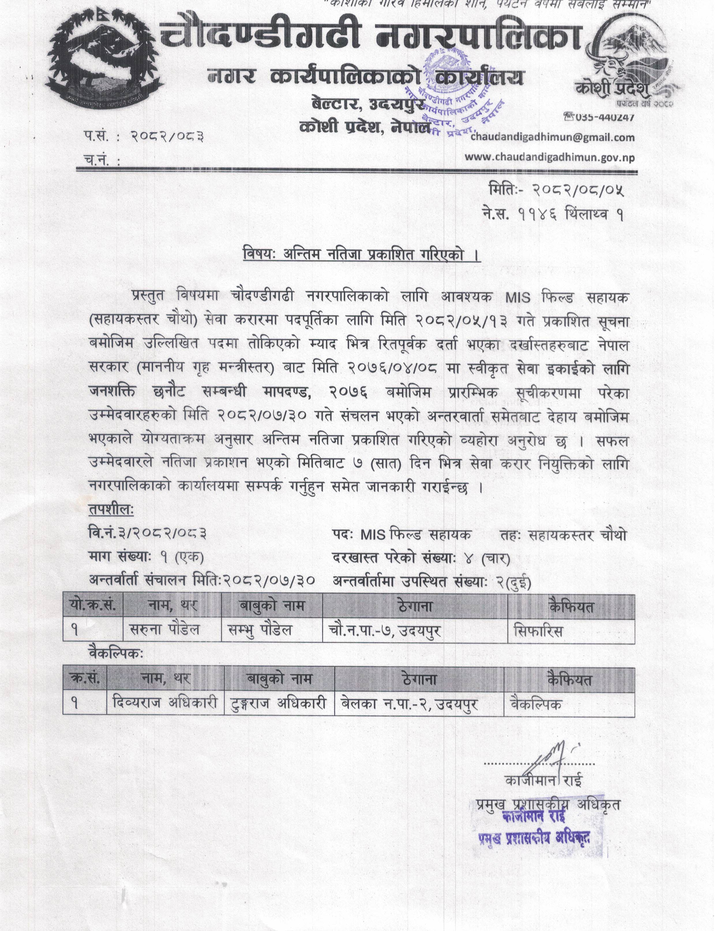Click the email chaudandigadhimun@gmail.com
click(x=552, y=138)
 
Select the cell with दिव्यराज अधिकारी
click(x=166, y=703)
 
